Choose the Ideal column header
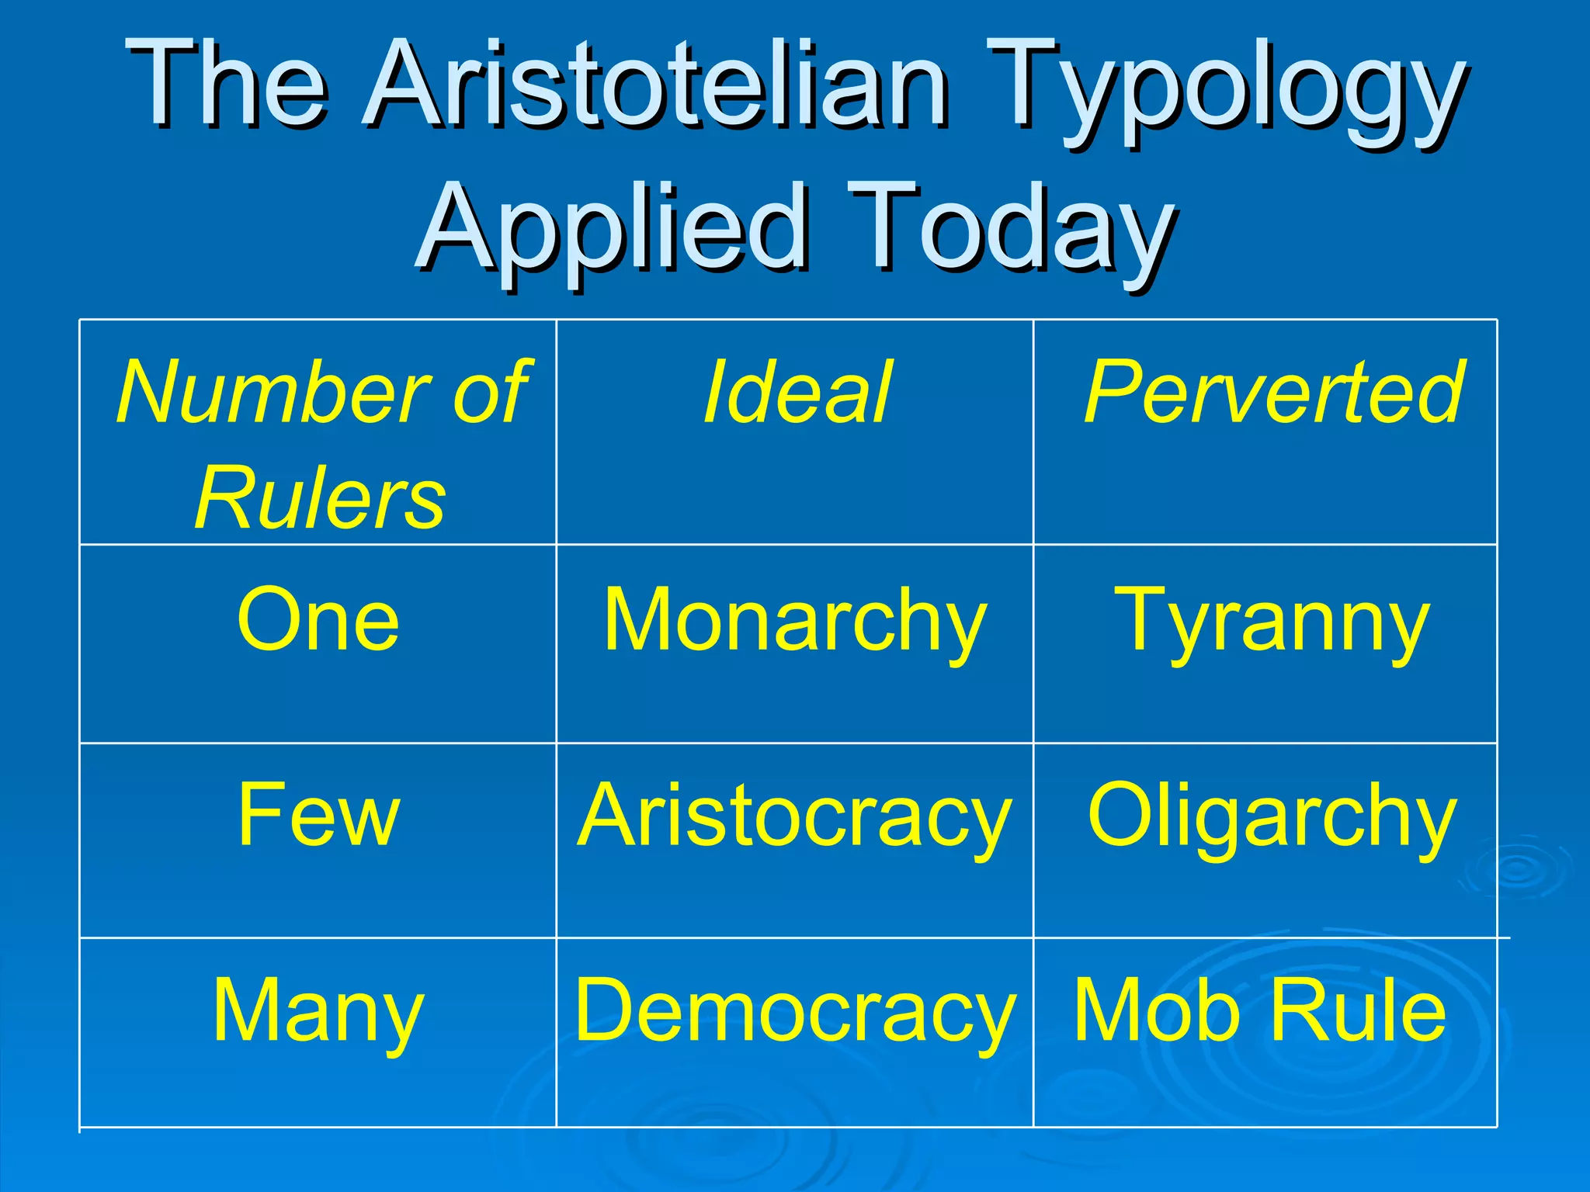coord(797,393)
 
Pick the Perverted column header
coord(1273,393)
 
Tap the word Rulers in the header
coord(320,498)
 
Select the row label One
coord(318,619)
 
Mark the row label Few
coord(318,815)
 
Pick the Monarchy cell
coord(795,621)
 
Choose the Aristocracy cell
coord(795,816)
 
